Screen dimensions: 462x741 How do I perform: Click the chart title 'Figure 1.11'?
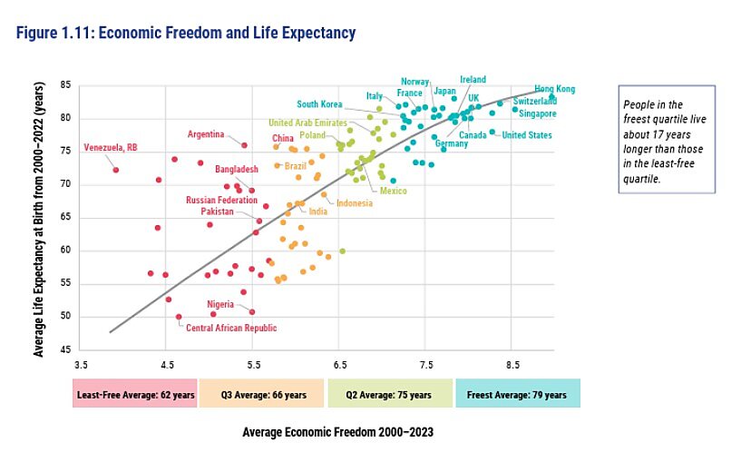(x=186, y=34)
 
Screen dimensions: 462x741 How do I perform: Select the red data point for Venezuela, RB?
(x=116, y=170)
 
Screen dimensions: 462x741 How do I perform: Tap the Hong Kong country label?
(x=554, y=89)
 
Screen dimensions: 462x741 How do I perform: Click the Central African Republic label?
(x=231, y=328)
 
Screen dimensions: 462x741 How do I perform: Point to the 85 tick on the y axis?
(x=66, y=85)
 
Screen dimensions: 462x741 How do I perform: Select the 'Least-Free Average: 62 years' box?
(x=134, y=395)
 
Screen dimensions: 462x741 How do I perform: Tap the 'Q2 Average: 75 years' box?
(x=389, y=395)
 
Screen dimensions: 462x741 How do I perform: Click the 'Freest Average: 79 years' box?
(x=517, y=395)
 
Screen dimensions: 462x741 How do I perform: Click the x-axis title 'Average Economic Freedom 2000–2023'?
(x=338, y=432)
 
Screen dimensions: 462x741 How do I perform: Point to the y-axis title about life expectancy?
(x=39, y=216)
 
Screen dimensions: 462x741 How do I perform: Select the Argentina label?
(x=206, y=134)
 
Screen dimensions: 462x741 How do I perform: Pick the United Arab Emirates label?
(x=308, y=123)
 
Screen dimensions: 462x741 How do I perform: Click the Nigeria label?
(x=220, y=304)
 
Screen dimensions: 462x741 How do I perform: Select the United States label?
(x=527, y=135)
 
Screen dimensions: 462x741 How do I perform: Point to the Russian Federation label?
(x=222, y=200)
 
